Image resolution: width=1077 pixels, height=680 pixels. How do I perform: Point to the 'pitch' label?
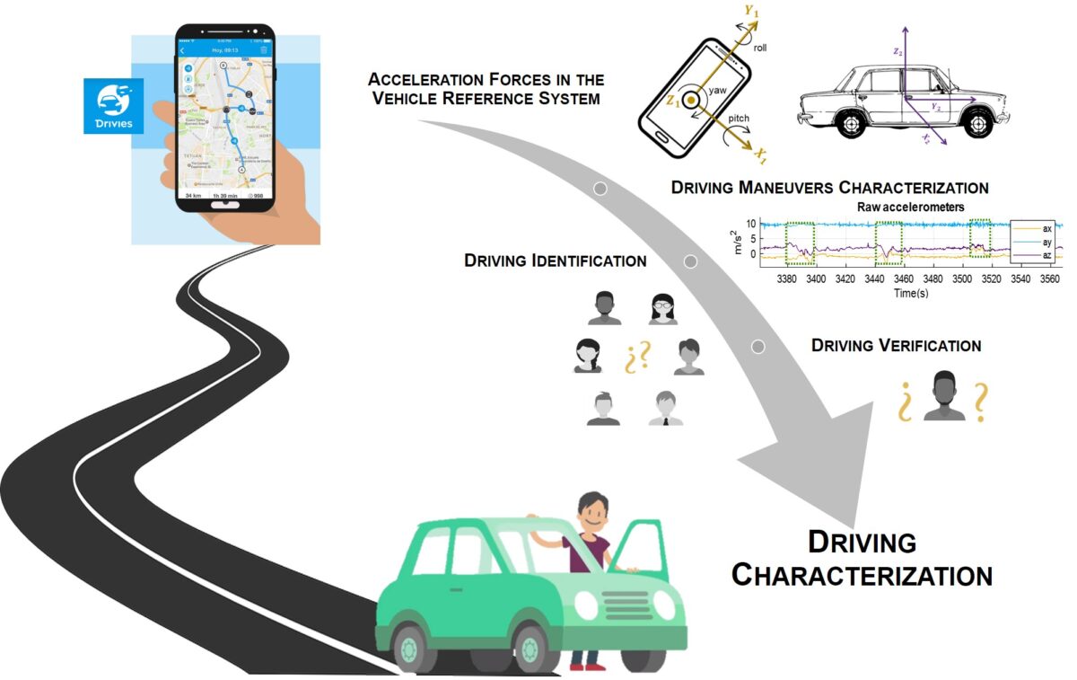click(738, 119)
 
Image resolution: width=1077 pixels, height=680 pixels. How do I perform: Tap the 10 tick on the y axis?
click(753, 224)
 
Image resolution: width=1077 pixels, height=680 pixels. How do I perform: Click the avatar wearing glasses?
click(663, 308)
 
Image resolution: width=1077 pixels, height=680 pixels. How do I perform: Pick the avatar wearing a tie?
click(665, 409)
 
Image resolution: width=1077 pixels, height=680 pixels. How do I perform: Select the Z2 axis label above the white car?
click(897, 53)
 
